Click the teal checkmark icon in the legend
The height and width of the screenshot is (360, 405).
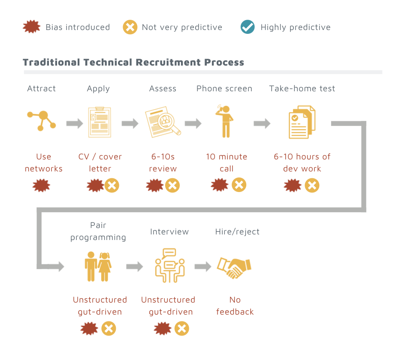click(248, 27)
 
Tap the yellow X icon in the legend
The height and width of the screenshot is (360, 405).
click(130, 27)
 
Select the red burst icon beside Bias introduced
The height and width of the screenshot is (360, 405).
click(31, 27)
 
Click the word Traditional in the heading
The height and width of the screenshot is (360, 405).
click(51, 62)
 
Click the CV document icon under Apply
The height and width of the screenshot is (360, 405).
click(100, 122)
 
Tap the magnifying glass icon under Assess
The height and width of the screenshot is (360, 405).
click(163, 122)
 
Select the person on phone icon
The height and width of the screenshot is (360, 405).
click(225, 121)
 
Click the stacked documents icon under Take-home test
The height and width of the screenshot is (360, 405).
click(302, 122)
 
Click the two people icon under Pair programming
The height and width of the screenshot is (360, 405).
click(98, 267)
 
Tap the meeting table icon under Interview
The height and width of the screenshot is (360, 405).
click(170, 266)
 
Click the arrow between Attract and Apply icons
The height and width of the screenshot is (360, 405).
click(75, 123)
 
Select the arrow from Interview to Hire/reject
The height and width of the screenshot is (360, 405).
click(203, 267)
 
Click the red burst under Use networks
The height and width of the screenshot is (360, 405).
click(41, 185)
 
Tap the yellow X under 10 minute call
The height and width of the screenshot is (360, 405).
click(239, 185)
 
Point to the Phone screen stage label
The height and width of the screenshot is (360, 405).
click(224, 89)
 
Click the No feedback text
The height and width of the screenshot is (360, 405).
click(235, 306)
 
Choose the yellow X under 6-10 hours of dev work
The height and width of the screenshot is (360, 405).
click(312, 185)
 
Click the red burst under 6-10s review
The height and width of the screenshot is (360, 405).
click(155, 185)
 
